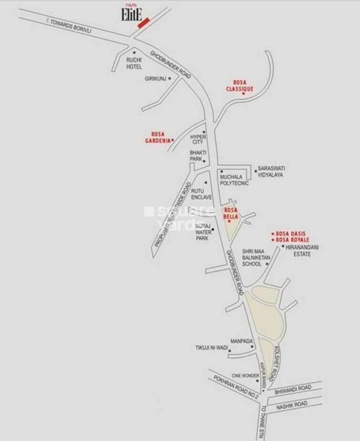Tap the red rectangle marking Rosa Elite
coord(144,23)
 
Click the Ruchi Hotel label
coord(134,63)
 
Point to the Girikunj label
coord(155,79)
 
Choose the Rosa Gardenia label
coord(157,137)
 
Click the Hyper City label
coord(197,139)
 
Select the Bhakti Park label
coord(197,155)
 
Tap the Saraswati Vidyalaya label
coord(271,172)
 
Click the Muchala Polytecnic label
coord(235,180)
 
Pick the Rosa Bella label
coord(231,214)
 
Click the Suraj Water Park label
coord(202,232)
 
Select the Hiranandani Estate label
coord(302,251)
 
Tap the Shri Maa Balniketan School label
coord(256,257)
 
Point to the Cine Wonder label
coord(245,376)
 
